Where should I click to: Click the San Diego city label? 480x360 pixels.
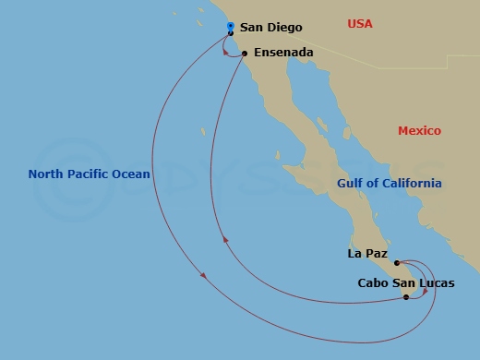270,29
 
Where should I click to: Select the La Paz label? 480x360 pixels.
367,253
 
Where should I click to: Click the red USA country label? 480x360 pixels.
360,23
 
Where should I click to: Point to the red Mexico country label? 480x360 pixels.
419,131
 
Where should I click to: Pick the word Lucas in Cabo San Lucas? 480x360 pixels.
435,283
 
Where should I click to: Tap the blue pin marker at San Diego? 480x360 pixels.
230,27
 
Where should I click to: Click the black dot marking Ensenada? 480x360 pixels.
245,54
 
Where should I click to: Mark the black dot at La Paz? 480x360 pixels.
397,263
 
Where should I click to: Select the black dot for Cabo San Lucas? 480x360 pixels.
406,297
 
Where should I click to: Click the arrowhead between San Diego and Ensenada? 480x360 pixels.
227,51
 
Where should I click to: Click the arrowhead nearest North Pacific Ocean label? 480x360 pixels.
202,275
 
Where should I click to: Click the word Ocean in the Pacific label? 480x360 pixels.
132,174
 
